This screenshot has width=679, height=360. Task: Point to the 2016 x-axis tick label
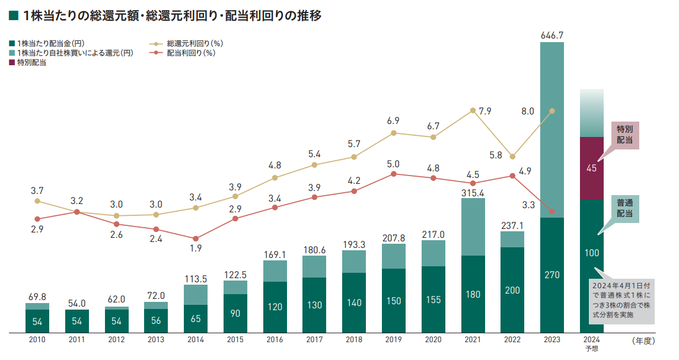tap(274, 340)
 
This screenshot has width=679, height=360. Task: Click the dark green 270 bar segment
tap(552, 275)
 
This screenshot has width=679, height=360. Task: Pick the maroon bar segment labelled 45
tap(591, 168)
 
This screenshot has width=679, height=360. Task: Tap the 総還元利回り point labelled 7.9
tap(473, 110)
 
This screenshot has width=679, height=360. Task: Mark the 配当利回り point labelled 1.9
tap(196, 238)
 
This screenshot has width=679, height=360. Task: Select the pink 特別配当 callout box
tap(624, 134)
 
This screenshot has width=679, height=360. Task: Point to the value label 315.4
tap(473, 192)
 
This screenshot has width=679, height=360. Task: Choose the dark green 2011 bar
tap(77, 321)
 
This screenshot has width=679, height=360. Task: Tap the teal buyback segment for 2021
tap(473, 227)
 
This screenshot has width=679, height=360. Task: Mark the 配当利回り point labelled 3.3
tap(552, 212)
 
